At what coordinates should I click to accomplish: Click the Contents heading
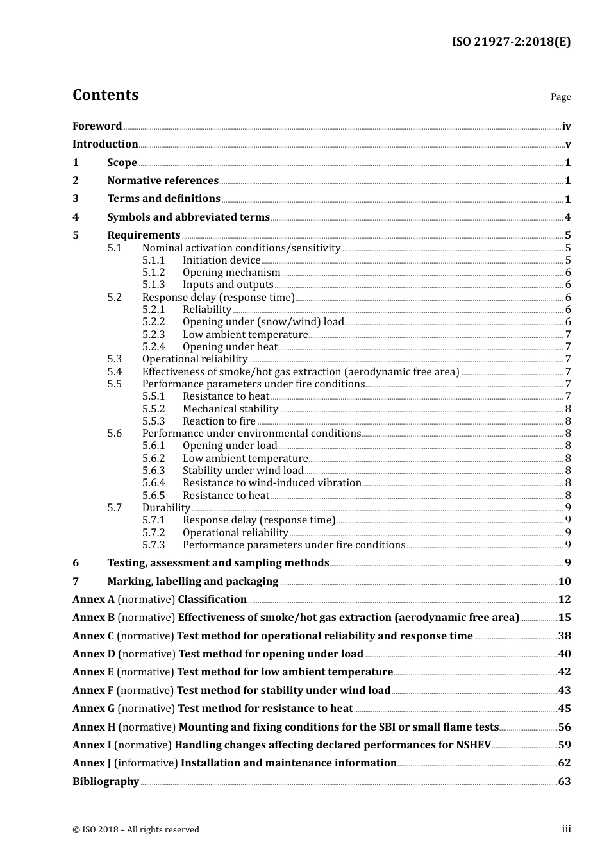tap(105, 95)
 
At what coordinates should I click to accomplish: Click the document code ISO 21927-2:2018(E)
tap(510, 42)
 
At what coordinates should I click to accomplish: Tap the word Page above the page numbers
tap(560, 97)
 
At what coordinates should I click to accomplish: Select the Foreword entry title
tap(97, 126)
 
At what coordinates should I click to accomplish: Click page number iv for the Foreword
tap(566, 126)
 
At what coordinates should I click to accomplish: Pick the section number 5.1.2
tap(153, 273)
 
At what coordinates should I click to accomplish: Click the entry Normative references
tap(163, 181)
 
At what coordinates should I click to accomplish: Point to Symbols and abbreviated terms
tap(188, 217)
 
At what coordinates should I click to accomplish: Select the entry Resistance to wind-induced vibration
tap(272, 483)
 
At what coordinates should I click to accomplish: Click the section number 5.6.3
tap(153, 471)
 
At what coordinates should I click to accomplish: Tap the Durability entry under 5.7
tap(166, 508)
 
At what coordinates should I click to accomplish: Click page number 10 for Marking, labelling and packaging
tap(564, 582)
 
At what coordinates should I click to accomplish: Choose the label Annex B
tap(94, 618)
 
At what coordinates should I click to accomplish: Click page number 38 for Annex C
tap(564, 636)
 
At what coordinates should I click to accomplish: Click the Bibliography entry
tap(106, 782)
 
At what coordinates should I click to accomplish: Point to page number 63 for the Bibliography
tap(564, 782)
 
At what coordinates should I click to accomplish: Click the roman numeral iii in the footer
tap(566, 829)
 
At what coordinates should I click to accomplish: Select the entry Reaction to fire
tap(219, 421)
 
